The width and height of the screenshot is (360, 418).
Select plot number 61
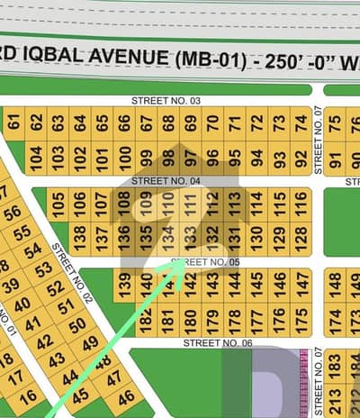(x=13, y=123)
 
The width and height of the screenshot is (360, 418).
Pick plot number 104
(x=36, y=158)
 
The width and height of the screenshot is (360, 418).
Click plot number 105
(x=58, y=204)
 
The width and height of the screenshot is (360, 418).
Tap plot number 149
(x=355, y=285)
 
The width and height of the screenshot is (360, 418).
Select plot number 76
(x=355, y=123)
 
